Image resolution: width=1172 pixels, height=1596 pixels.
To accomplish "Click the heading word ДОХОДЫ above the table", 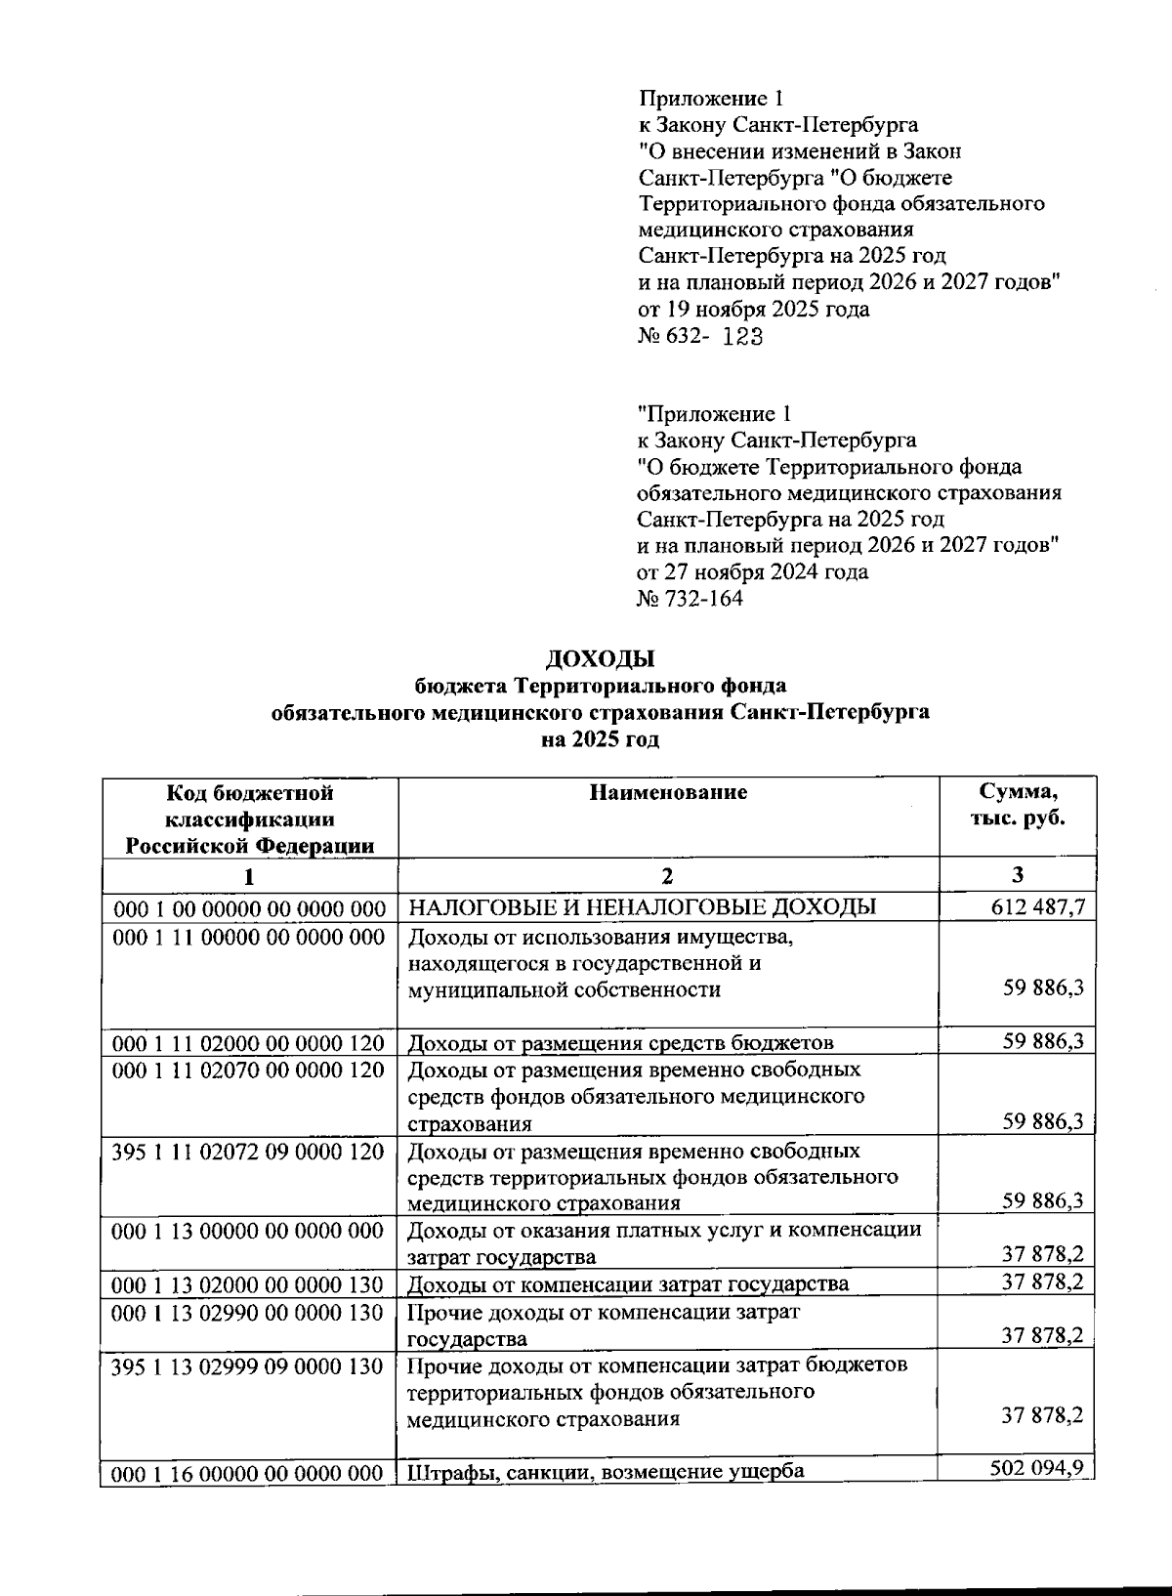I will pos(600,659).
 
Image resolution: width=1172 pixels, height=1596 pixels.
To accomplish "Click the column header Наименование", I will pos(668,792).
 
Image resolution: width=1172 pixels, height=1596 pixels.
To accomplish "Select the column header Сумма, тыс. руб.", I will pos(1018,805).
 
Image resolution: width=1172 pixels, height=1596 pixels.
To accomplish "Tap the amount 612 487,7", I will pos(1037,907).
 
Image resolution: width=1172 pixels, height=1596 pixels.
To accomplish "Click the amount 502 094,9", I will pos(1036,1468).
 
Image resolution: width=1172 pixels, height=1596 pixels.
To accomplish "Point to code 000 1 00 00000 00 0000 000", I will pos(250,909).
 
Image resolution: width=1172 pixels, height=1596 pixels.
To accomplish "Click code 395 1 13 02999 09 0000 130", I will pos(249,1365).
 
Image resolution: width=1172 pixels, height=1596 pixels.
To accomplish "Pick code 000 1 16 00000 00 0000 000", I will pos(249,1474).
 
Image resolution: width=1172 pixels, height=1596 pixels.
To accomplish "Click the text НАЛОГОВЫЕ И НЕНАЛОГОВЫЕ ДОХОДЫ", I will pos(641,907).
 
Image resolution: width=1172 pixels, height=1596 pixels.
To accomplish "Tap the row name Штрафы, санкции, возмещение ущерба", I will pos(606,1472).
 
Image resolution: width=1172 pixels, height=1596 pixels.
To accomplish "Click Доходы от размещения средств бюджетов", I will pos(620,1043).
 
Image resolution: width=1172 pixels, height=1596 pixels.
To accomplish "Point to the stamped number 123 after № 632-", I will pos(742,337).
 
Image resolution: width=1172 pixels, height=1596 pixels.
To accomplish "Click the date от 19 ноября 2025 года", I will pos(753,310).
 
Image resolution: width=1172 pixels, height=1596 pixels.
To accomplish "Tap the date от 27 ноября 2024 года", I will pos(752,571).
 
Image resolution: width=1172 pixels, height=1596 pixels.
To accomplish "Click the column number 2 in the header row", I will pos(668,875).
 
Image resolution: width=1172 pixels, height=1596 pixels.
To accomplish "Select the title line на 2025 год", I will pos(600,739).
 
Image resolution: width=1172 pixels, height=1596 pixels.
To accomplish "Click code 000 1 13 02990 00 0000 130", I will pos(249,1313).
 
